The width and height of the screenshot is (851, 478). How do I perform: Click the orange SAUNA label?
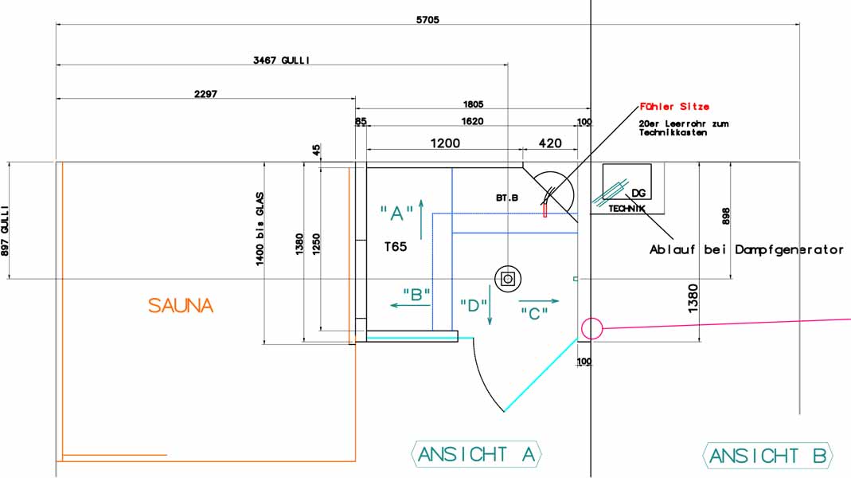[181, 305]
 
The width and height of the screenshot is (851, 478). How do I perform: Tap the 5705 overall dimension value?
[427, 20]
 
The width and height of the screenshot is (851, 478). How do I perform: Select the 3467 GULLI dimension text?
[281, 61]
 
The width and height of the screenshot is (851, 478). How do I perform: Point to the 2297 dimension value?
[205, 94]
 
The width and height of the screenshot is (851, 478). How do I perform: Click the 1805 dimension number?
[473, 104]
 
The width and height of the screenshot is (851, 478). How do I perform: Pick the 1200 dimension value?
[445, 143]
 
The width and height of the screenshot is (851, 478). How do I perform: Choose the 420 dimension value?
[550, 143]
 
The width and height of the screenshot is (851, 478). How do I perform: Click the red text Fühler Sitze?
[674, 107]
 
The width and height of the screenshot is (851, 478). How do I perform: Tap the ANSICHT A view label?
[476, 454]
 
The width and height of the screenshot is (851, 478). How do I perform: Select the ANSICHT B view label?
[767, 456]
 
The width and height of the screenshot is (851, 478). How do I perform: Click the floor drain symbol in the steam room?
[508, 279]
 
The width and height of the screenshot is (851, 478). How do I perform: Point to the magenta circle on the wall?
[591, 328]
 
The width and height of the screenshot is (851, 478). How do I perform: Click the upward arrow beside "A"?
[421, 219]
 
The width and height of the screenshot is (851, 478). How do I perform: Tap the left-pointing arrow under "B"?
[410, 305]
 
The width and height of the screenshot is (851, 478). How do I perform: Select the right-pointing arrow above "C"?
[539, 301]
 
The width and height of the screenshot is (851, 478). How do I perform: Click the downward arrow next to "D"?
[490, 305]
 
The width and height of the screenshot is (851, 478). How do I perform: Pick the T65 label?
[396, 247]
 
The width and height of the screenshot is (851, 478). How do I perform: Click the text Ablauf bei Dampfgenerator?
[746, 250]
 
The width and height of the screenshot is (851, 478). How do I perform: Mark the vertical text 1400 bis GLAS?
[260, 229]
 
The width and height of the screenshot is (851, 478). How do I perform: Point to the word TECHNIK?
[627, 209]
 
